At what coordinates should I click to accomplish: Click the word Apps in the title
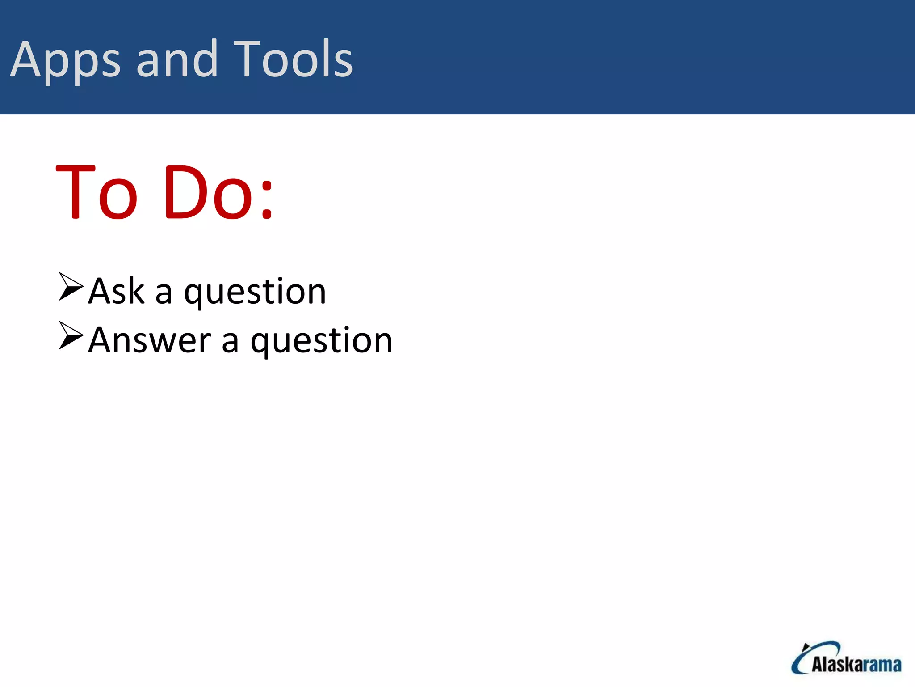pyautogui.click(x=65, y=60)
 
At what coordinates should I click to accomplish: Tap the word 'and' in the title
pyautogui.click(x=177, y=59)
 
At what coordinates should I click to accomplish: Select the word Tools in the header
pyautogui.click(x=293, y=59)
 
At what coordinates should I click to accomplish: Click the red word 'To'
pyautogui.click(x=97, y=192)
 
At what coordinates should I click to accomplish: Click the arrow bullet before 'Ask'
pyautogui.click(x=71, y=286)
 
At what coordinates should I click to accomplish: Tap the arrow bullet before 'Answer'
pyautogui.click(x=71, y=335)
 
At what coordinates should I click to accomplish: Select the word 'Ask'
pyautogui.click(x=116, y=291)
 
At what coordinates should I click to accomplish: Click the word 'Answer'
pyautogui.click(x=149, y=340)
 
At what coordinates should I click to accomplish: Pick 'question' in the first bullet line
pyautogui.click(x=255, y=293)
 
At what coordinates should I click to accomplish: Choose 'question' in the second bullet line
pyautogui.click(x=321, y=342)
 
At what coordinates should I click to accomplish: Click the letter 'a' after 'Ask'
pyautogui.click(x=164, y=294)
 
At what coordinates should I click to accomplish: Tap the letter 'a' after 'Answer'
pyautogui.click(x=230, y=343)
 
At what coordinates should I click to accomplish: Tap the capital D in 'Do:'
pyautogui.click(x=184, y=192)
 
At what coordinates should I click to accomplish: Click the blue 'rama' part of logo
pyautogui.click(x=885, y=665)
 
